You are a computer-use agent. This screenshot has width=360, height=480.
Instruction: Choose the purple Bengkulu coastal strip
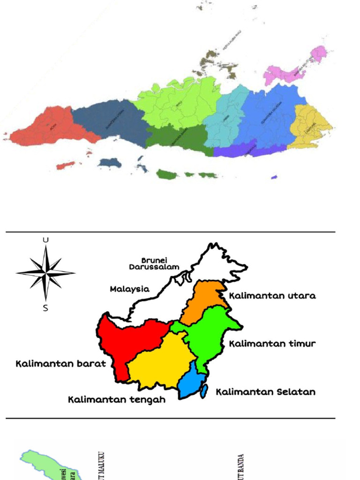pos(244,149)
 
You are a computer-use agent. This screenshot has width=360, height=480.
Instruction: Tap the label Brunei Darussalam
pos(154,263)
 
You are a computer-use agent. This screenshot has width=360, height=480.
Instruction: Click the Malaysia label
pos(130,289)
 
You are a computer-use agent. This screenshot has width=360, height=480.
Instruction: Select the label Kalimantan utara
pos(272,296)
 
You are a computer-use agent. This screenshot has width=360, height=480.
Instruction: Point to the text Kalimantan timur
pos(272,344)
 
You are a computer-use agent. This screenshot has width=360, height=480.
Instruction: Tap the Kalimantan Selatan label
pos(265,392)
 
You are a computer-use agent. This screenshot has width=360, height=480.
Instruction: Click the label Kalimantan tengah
pos(117,400)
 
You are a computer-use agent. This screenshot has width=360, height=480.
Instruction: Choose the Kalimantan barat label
pos(61,364)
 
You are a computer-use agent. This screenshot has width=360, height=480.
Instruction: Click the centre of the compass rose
pos(45,272)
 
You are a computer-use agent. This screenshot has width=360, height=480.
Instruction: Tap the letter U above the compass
pos(45,240)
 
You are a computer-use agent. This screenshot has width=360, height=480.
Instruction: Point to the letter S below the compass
pos(45,308)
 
